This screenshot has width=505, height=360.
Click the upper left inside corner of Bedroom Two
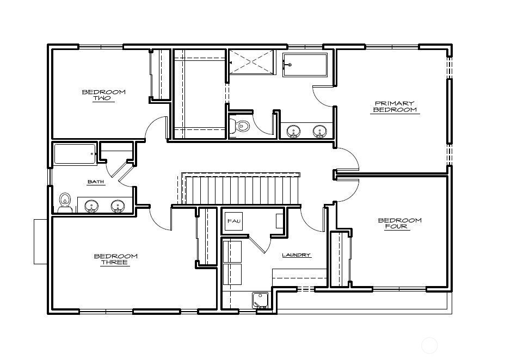tap(52, 50)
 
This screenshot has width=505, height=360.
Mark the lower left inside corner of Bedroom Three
tap(52, 309)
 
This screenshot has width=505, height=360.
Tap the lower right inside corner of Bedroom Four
tap(446, 287)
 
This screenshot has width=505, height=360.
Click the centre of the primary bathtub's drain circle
tap(290, 65)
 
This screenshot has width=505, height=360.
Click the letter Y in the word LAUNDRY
tap(308, 255)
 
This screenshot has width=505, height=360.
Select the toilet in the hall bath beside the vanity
tap(65, 203)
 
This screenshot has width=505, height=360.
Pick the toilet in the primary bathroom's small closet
tap(240, 126)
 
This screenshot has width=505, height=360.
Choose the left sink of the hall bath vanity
tap(91, 206)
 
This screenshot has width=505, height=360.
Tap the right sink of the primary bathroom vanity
tap(319, 131)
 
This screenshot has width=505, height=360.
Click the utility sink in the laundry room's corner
tap(260, 301)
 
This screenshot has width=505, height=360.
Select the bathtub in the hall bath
tap(75, 154)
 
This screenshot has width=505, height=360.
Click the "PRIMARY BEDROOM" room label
tap(395, 107)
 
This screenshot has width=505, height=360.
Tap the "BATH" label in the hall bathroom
tap(96, 182)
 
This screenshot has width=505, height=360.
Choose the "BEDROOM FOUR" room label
tap(399, 224)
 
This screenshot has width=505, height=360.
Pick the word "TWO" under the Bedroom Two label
tap(102, 98)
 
